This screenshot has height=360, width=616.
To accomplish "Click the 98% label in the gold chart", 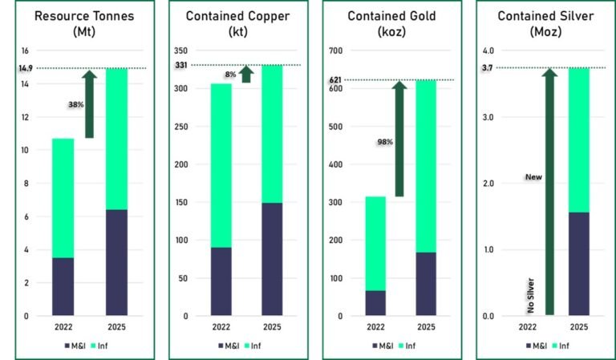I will click(x=384, y=142).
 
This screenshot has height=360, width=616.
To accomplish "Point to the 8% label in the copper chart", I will click(x=230, y=75).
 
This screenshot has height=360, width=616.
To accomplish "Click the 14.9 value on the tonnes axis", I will click(x=25, y=69).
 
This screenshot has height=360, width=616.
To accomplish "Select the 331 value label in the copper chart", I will click(x=181, y=65).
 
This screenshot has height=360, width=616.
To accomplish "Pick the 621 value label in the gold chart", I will click(x=336, y=80).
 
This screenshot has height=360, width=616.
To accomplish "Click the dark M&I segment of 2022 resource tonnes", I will click(x=63, y=286).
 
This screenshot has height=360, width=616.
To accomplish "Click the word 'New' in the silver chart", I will click(x=533, y=176).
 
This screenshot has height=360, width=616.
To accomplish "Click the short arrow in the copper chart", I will click(x=246, y=75).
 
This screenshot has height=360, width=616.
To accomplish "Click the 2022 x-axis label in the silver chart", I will click(x=527, y=327).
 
